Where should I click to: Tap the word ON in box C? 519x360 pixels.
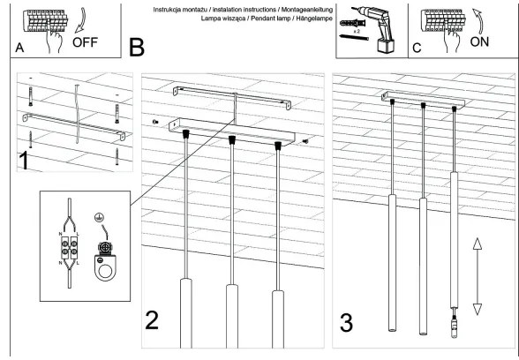tap(480, 41)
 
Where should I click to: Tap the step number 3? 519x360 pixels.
tap(348, 319)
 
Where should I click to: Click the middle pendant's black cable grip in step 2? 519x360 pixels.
tap(231, 139)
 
